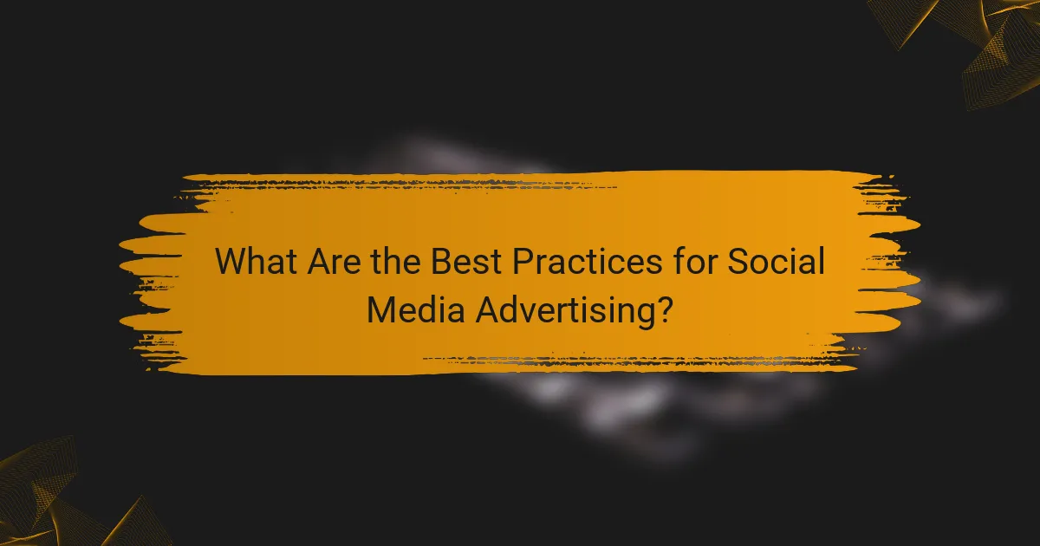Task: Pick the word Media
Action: coord(413,309)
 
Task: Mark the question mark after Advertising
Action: coord(663,309)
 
